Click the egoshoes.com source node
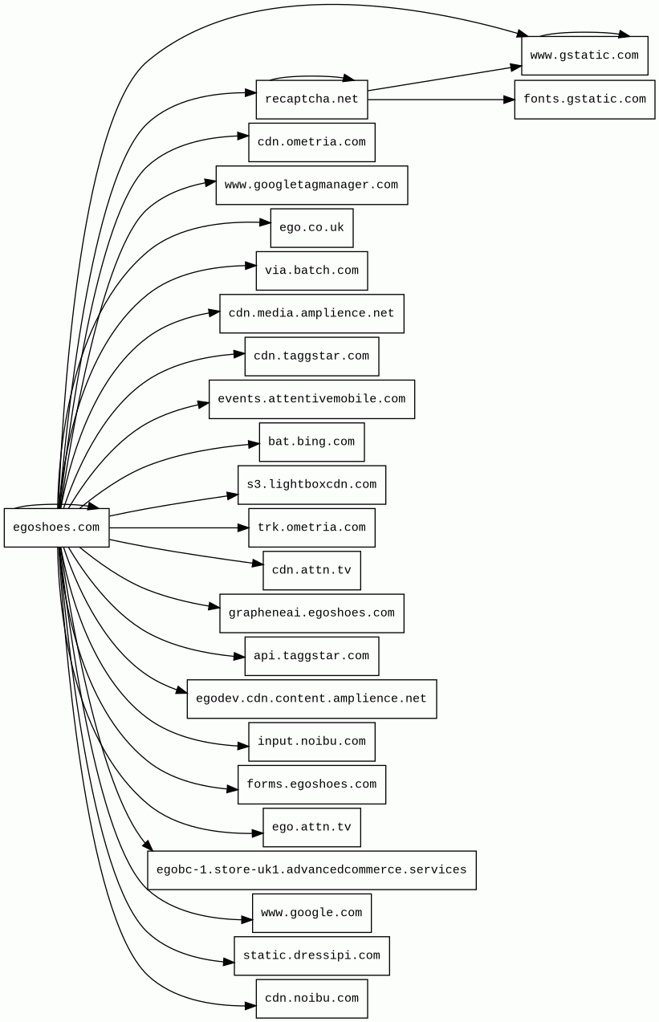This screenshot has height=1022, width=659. point(56,527)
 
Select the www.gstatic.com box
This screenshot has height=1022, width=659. point(584,55)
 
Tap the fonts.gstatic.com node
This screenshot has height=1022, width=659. point(584,100)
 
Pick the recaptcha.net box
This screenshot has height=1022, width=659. point(311,100)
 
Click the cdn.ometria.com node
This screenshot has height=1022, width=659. point(311,142)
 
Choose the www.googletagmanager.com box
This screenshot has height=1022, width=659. point(311,185)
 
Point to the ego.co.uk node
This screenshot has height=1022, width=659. point(311,228)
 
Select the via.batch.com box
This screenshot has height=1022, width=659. point(311,271)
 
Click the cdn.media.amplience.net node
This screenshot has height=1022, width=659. point(311,313)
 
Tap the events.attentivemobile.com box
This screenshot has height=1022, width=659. point(311,399)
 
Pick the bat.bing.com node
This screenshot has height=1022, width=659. point(311,442)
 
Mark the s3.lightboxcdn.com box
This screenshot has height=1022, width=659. point(311,485)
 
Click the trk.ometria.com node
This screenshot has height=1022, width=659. point(311,527)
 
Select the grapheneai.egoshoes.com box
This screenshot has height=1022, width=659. point(311,613)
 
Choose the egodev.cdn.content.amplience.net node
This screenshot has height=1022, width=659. point(311,698)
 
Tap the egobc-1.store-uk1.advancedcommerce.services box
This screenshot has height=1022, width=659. point(311,870)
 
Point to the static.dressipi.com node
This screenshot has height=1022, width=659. point(311,956)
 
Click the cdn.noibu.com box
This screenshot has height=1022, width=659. point(311,999)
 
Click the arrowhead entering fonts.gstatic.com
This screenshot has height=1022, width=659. point(509,100)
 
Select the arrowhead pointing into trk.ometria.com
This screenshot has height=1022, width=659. point(243,527)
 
